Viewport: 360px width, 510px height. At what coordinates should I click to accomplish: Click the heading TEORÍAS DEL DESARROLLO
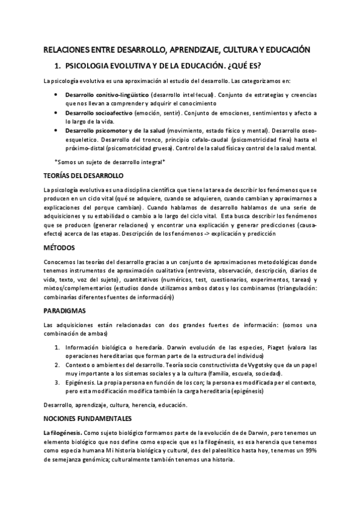[x=84, y=175]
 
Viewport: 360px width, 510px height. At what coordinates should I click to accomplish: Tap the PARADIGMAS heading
[x=66, y=311]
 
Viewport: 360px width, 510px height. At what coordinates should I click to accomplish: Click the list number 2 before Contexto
[x=57, y=365]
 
